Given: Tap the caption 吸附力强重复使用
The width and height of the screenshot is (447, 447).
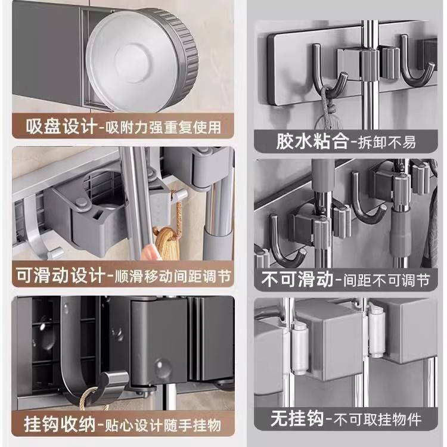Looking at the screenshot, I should point(161,127).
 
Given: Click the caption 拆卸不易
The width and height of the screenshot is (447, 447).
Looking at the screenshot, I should point(386,142).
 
